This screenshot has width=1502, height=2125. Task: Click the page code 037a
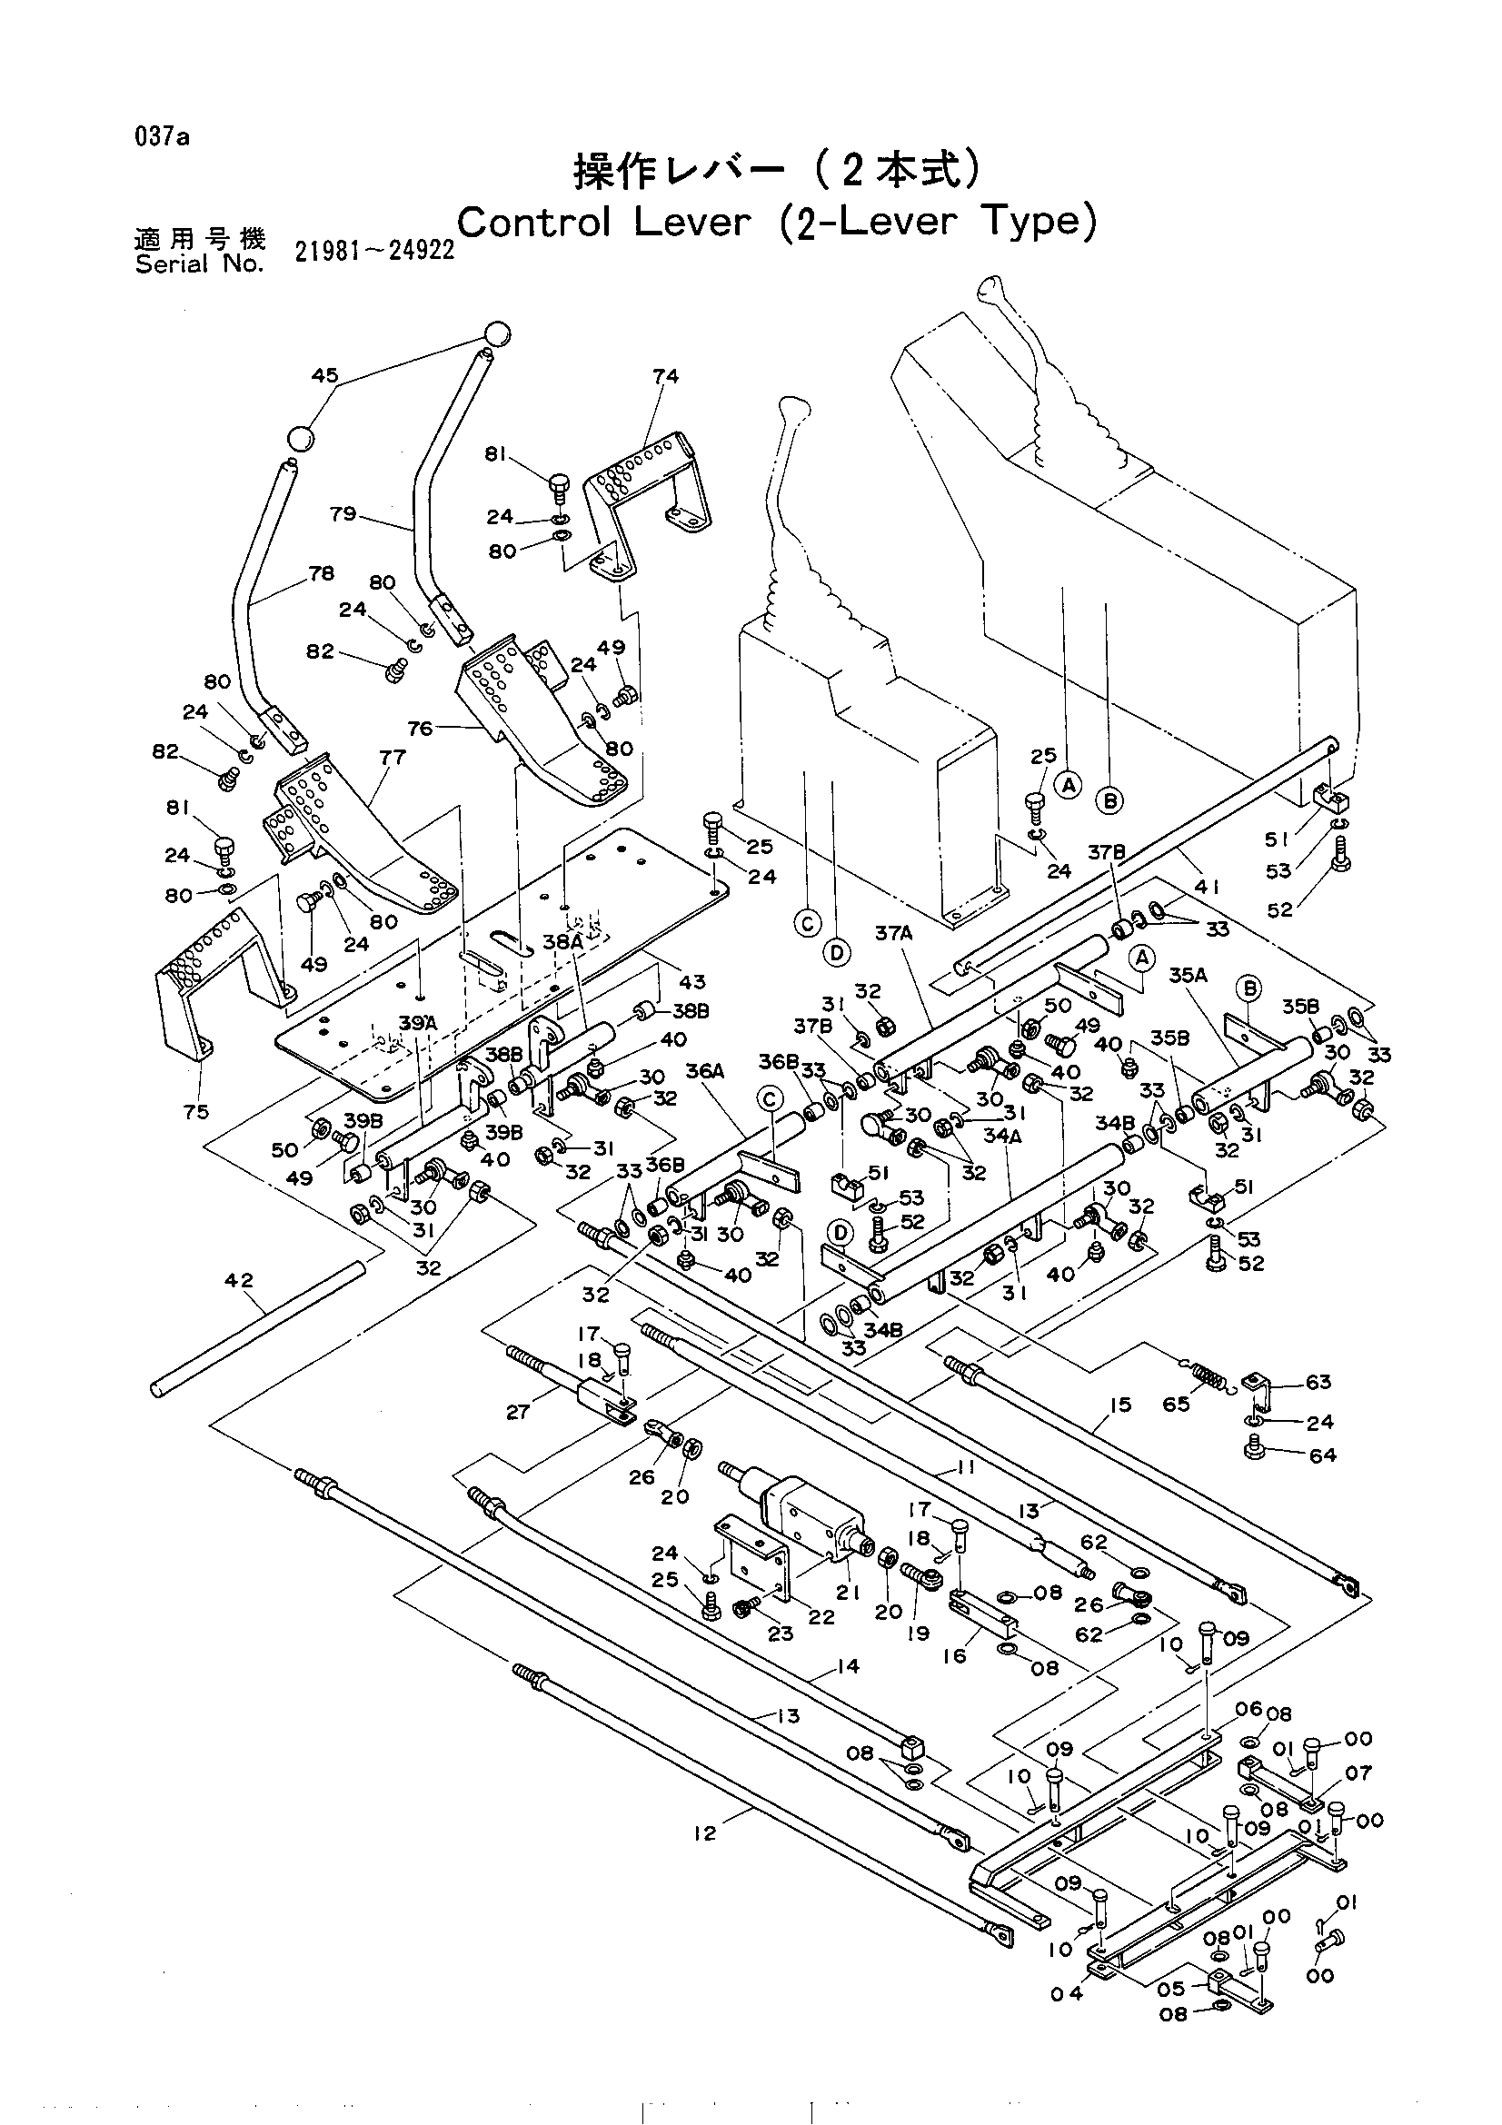[162, 138]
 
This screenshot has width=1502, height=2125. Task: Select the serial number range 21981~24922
[374, 251]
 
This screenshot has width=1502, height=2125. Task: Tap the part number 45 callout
[324, 376]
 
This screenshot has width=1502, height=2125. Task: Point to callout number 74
[665, 376]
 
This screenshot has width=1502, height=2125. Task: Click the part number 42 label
[239, 1281]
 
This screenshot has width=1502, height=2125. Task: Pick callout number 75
[196, 1113]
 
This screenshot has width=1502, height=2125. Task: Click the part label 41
[1207, 888]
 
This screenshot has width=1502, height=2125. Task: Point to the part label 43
[692, 982]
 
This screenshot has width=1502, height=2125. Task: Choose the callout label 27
[518, 1412]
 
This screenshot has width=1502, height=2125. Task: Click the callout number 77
[393, 757]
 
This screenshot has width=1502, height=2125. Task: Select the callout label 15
[1120, 1405]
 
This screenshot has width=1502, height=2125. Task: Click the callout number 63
[1318, 1382]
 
